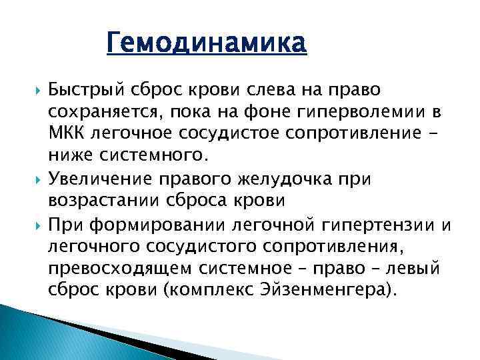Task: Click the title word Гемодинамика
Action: click(x=207, y=44)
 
